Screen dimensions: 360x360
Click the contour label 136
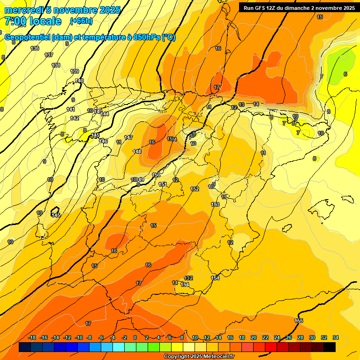(35, 48)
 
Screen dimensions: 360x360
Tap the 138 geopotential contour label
(56, 65)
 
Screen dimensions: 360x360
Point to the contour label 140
(79, 81)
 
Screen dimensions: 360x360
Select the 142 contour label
(75, 118)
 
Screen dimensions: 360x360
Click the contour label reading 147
(128, 137)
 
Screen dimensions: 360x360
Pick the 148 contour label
(137, 151)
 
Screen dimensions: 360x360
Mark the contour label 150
(157, 175)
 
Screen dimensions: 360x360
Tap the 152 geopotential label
(195, 189)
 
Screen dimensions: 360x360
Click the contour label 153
(215, 204)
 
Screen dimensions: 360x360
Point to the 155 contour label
(299, 321)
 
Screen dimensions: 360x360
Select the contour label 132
(188, 278)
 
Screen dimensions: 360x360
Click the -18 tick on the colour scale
(32, 337)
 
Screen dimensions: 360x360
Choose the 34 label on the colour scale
(336, 337)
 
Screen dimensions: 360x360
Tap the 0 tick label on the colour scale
(135, 337)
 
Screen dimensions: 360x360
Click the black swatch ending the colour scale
(330, 347)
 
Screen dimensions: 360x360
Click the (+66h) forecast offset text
(81, 21)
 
